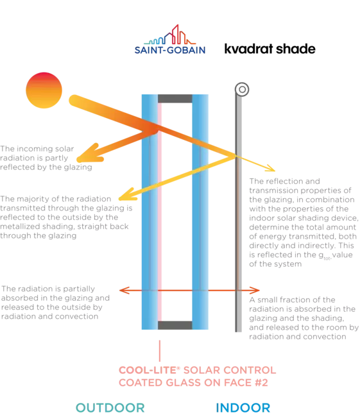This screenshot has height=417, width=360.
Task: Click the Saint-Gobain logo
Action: (x=170, y=39)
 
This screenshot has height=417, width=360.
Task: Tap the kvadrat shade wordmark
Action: (x=270, y=49)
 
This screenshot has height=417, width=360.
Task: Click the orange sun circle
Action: (x=44, y=90)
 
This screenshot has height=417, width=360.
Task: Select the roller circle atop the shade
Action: (x=242, y=89)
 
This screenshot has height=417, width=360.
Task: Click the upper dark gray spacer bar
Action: (x=175, y=99)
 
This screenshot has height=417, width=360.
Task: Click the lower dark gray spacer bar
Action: (x=175, y=325)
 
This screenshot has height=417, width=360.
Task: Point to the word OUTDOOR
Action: (x=110, y=407)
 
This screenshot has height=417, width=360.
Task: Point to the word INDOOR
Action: (x=243, y=407)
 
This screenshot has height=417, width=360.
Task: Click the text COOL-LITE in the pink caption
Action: (x=148, y=370)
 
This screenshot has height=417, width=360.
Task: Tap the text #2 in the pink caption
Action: (x=261, y=383)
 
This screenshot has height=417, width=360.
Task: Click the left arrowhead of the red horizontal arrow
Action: (x=124, y=290)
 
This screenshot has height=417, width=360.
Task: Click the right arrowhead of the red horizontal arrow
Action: (x=255, y=290)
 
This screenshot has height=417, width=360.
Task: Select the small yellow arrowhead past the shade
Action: (x=271, y=168)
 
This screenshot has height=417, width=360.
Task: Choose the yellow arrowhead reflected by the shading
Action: (x=127, y=194)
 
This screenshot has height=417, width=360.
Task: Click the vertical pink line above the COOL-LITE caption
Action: (x=160, y=351)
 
